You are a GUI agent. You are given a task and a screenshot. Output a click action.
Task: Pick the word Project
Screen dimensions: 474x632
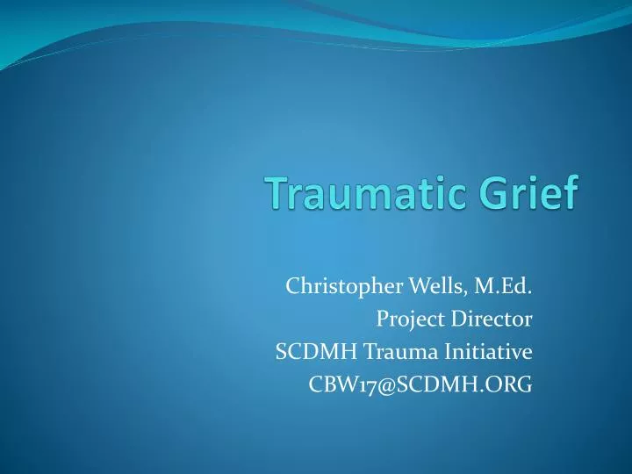(408, 319)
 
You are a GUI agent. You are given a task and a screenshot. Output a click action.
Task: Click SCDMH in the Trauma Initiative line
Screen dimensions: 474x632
(310, 352)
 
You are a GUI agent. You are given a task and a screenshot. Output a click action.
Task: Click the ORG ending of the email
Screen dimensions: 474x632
(510, 385)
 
